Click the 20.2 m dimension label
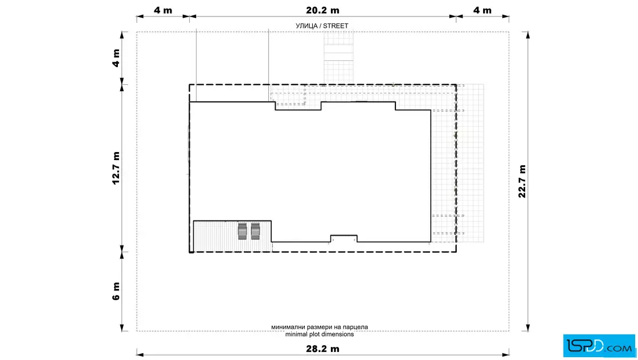pyautogui.click(x=322, y=10)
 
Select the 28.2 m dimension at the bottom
pyautogui.click(x=322, y=349)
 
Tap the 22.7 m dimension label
pyautogui.click(x=522, y=181)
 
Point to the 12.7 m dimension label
pyautogui.click(x=116, y=168)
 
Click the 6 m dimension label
pyautogui.click(x=116, y=291)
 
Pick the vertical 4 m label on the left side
pyautogui.click(x=116, y=58)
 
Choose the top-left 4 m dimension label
pyautogui.click(x=163, y=10)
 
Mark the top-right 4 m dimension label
pyautogui.click(x=482, y=10)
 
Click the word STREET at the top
pyautogui.click(x=336, y=26)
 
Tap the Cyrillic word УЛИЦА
pyautogui.click(x=306, y=26)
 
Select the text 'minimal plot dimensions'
pyautogui.click(x=320, y=334)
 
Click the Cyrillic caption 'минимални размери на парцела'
pyautogui.click(x=320, y=327)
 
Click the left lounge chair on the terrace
pyautogui.click(x=242, y=231)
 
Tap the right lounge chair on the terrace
pyautogui.click(x=255, y=231)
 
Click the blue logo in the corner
pyautogui.click(x=599, y=346)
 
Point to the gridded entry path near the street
pyautogui.click(x=338, y=58)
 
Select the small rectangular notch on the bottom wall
pyautogui.click(x=344, y=238)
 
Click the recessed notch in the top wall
pyautogui.click(x=298, y=106)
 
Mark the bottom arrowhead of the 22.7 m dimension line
pyautogui.click(x=527, y=328)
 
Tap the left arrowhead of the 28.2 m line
pyautogui.click(x=140, y=354)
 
